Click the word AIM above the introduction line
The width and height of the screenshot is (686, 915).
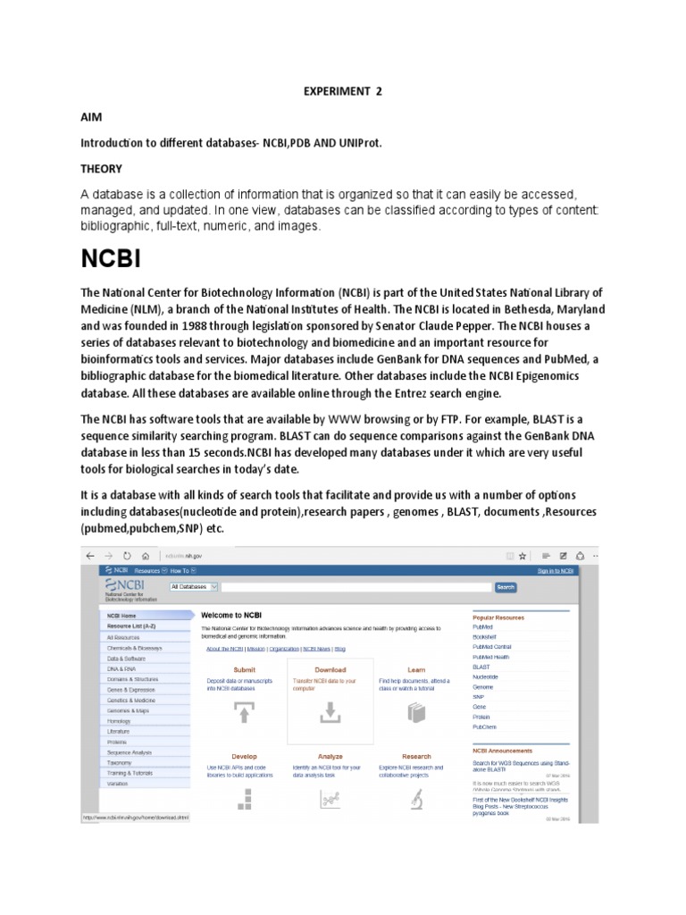point(92,117)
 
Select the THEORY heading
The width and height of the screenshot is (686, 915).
point(102,169)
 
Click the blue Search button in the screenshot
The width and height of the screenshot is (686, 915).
point(506,587)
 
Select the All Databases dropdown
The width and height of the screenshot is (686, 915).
point(188,587)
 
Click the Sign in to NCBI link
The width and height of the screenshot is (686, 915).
point(555,570)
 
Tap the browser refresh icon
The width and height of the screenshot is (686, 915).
point(127,555)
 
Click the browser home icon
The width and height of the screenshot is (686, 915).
point(146,555)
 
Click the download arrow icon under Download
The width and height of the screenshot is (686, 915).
point(330,712)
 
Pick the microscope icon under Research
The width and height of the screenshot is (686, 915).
point(416,801)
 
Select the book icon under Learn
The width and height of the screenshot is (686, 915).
point(416,712)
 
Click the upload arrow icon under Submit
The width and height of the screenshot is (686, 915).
point(244,712)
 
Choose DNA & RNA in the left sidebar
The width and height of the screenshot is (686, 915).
point(121,668)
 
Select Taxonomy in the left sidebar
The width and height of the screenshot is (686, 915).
point(120,763)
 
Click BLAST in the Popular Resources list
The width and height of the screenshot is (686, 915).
point(481,667)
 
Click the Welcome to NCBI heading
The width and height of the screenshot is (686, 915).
point(231,616)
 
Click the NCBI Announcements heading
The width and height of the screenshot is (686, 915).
point(502,751)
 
